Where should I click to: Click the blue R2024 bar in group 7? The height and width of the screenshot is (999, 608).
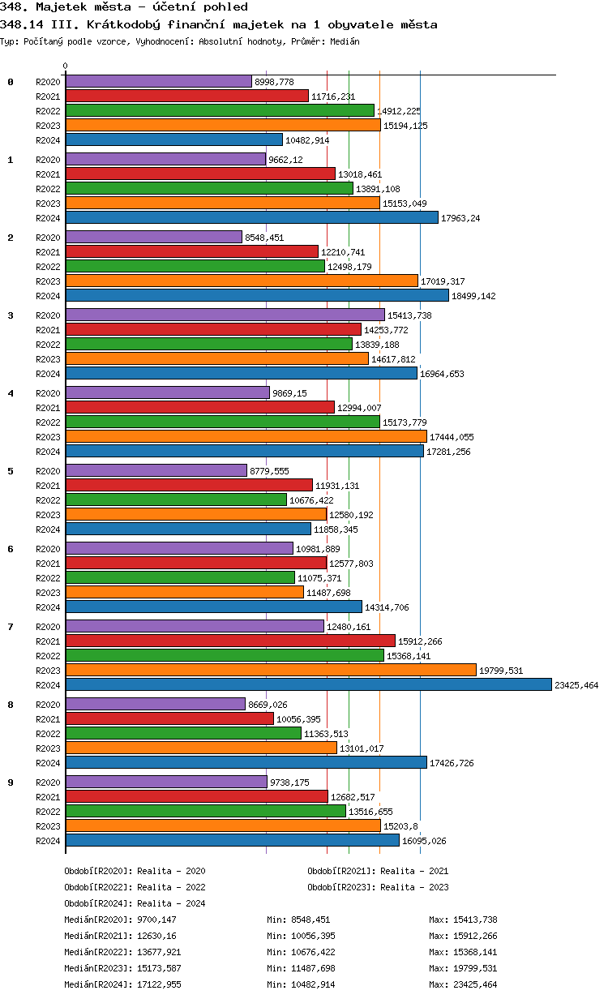[308, 684]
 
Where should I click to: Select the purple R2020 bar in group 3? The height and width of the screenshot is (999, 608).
[225, 315]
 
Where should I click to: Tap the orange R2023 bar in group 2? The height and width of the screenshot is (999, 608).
[242, 281]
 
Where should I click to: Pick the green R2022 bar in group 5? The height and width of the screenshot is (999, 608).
[176, 499]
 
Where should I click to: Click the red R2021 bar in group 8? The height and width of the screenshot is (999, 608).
[169, 718]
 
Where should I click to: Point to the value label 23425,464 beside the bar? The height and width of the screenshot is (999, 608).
[576, 685]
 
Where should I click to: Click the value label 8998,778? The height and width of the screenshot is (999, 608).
[274, 82]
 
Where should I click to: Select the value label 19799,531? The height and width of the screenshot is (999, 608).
[501, 671]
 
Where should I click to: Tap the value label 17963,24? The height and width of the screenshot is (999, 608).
[465, 218]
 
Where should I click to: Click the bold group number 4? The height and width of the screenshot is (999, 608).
[11, 393]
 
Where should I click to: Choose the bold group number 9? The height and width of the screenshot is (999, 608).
[11, 782]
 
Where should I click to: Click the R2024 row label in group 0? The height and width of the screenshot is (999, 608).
[48, 140]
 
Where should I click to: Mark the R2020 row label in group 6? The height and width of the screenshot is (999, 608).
[48, 549]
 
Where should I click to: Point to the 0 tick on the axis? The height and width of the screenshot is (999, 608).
[66, 66]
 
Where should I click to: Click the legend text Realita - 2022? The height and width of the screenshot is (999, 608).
[171, 887]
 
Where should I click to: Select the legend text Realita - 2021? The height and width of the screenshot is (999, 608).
[414, 871]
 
